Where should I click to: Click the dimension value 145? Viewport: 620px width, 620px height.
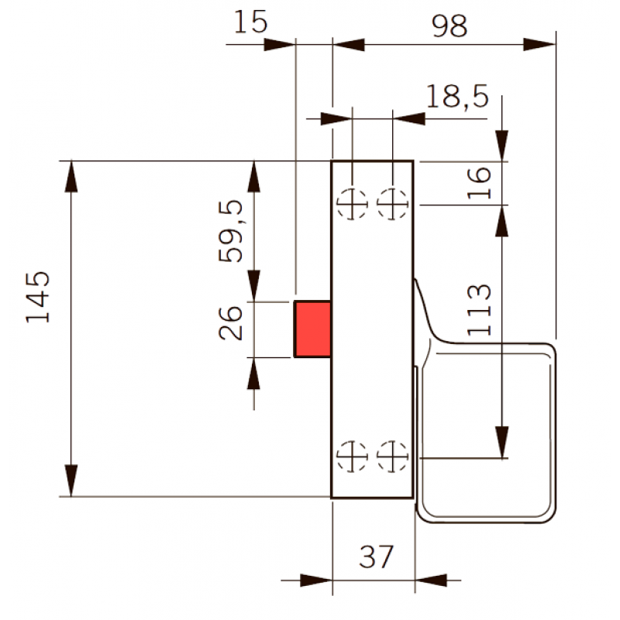[38, 297]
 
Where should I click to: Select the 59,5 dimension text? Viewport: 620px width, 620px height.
[230, 231]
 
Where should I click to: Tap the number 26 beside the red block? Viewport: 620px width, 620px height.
[230, 323]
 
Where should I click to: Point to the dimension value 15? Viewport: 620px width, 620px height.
[250, 22]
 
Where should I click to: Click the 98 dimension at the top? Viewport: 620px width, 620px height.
[449, 26]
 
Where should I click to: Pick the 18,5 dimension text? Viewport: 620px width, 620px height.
[457, 96]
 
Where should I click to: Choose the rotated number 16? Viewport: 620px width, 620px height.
[479, 183]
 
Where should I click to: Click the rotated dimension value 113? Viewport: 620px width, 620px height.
[479, 310]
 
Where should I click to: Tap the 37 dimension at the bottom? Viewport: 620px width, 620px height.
[376, 556]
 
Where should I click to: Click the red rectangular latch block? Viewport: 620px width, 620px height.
[312, 329]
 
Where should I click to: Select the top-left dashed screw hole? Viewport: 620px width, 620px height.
[352, 204]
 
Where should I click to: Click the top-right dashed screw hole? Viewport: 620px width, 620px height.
[392, 204]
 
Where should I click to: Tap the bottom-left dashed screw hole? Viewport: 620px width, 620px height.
[352, 456]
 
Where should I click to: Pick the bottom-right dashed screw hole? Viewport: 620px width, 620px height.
[392, 456]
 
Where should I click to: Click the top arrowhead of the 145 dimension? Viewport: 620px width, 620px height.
[71, 177]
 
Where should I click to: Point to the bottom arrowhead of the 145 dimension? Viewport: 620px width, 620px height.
[71, 480]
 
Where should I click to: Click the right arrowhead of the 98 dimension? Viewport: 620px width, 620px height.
[539, 45]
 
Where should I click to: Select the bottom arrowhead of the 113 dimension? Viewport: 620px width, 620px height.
[501, 443]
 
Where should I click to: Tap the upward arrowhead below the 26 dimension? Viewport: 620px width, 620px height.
[253, 374]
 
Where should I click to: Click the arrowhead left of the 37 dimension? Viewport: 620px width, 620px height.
[316, 580]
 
